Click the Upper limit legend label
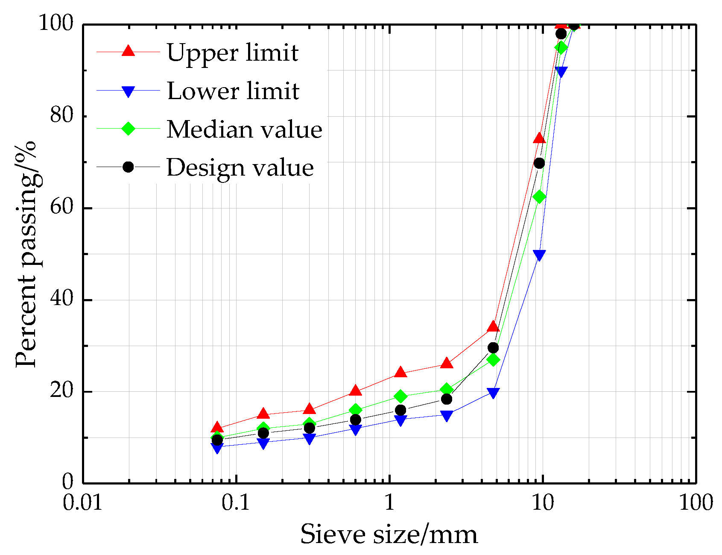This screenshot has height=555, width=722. (232, 53)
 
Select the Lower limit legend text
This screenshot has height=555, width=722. (233, 91)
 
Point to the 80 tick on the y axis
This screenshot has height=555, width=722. (61, 115)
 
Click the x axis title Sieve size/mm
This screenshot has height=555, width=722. (389, 534)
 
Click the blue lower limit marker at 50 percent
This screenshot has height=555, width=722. (539, 255)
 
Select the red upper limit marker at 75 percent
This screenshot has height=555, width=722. (539, 138)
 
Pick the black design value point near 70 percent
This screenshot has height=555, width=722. (539, 163)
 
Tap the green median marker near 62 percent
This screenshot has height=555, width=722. (539, 197)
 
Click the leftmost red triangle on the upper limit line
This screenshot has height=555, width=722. (217, 427)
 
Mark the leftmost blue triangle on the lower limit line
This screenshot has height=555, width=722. (217, 448)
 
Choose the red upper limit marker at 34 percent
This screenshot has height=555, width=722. (493, 327)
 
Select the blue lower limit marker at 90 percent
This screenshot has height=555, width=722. (561, 72)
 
